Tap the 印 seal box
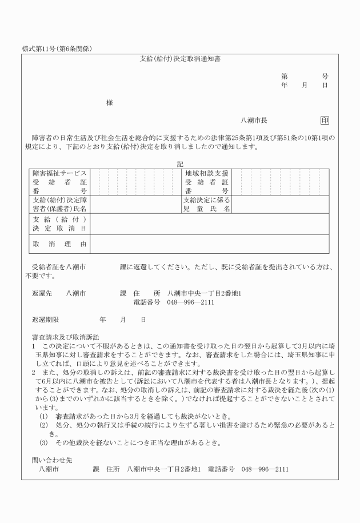coord(325,121)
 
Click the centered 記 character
coord(181,164)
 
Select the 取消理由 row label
coord(59,244)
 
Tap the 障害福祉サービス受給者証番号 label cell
coord(59,182)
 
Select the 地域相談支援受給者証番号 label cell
coord(206,182)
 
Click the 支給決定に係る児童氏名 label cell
coord(206,205)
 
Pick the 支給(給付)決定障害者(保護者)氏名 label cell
coord(59,205)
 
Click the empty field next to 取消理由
coord(209,244)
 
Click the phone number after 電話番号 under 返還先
coord(191,302)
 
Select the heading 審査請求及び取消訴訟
coord(65,337)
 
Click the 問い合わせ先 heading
coord(51,460)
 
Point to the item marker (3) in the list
coord(43,443)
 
